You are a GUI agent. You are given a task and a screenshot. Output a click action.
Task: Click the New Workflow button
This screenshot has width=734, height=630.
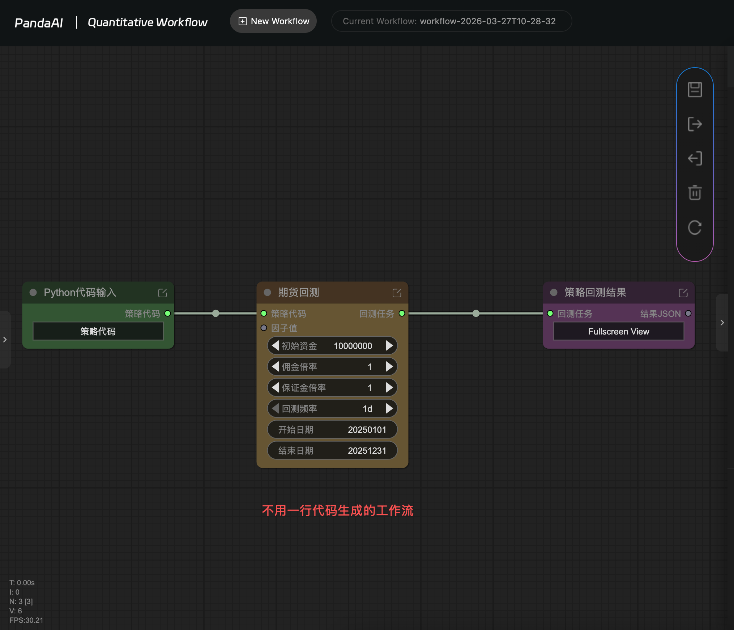(x=273, y=21)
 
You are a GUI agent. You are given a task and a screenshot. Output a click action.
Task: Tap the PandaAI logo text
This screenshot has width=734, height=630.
(x=39, y=23)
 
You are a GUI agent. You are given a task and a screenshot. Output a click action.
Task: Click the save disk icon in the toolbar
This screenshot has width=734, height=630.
(x=695, y=90)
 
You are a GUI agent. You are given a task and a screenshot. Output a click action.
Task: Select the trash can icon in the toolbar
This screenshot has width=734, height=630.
(x=695, y=193)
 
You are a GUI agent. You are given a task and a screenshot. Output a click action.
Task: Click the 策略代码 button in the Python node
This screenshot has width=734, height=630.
(x=98, y=331)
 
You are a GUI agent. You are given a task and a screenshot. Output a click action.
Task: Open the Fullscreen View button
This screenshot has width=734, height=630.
(x=619, y=331)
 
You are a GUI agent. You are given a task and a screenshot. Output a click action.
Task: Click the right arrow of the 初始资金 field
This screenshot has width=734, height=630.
(x=389, y=346)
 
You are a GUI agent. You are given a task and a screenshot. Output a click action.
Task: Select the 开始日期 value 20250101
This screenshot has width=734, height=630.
(x=367, y=430)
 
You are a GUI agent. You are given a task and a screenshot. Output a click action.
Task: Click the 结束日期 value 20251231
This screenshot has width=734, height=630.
(x=367, y=450)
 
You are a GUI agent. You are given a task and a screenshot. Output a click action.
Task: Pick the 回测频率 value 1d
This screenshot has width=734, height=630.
(x=367, y=409)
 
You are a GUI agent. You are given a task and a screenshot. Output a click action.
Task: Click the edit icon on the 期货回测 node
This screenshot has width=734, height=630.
(x=397, y=293)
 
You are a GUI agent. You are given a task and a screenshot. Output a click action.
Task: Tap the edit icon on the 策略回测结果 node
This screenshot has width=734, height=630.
(x=683, y=293)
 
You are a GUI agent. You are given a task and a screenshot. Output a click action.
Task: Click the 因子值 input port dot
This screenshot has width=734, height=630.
(x=264, y=328)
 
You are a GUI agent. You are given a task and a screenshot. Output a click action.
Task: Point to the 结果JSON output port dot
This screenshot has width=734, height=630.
(x=688, y=313)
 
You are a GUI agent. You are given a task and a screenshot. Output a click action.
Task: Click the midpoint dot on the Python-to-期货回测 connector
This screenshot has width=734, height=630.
(x=216, y=313)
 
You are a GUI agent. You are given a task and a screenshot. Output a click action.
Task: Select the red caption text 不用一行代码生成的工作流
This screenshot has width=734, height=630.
(x=338, y=510)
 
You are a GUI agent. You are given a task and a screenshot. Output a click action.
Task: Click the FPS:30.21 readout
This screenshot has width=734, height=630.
(x=26, y=620)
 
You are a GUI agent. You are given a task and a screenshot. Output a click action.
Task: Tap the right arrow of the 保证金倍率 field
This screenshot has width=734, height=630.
(x=389, y=388)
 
